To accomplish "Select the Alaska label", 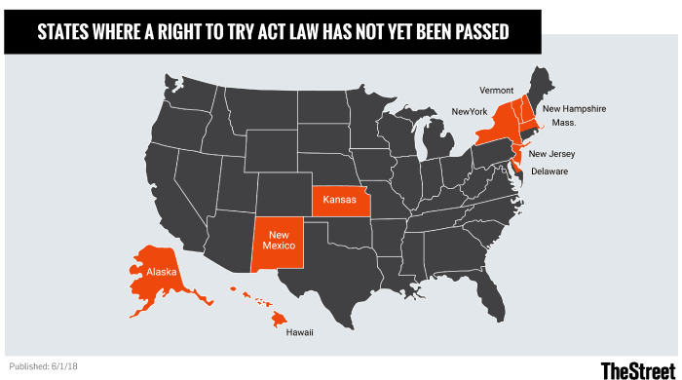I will pos(162,273).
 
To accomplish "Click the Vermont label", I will pos(496,90).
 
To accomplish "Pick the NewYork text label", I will pos(469,112).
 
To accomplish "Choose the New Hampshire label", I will pos(574,108).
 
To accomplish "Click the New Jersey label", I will pos(551,154).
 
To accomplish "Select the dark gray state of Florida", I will pos(497,292).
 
